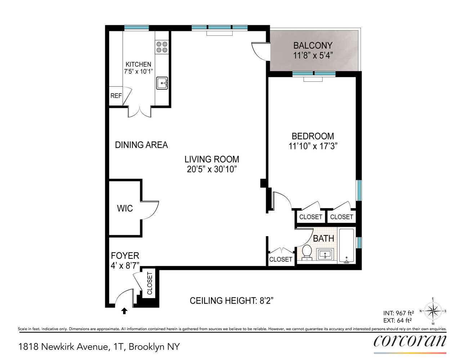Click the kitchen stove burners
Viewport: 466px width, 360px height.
coord(162,47)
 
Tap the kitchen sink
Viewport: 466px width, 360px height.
coord(162,83)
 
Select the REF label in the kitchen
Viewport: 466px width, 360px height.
coord(116,96)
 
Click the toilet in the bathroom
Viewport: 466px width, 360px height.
coord(307,252)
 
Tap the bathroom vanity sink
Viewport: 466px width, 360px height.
coord(325,255)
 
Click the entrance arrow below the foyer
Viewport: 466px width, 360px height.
coord(124,311)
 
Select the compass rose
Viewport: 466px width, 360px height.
coord(433,311)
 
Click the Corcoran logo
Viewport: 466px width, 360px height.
coord(410,341)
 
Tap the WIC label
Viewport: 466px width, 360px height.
coord(125,208)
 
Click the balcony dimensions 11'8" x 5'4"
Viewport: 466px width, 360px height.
coord(313,55)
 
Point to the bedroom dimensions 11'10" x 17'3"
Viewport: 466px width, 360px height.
coord(313,146)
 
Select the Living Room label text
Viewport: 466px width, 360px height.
coord(212,159)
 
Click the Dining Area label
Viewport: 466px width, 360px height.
coord(141,145)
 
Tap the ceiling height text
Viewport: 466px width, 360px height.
coord(231,301)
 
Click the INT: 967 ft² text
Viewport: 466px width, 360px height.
coord(398,313)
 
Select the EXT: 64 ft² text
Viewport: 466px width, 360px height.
coord(397,320)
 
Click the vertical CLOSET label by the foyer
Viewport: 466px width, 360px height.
coord(150,283)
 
